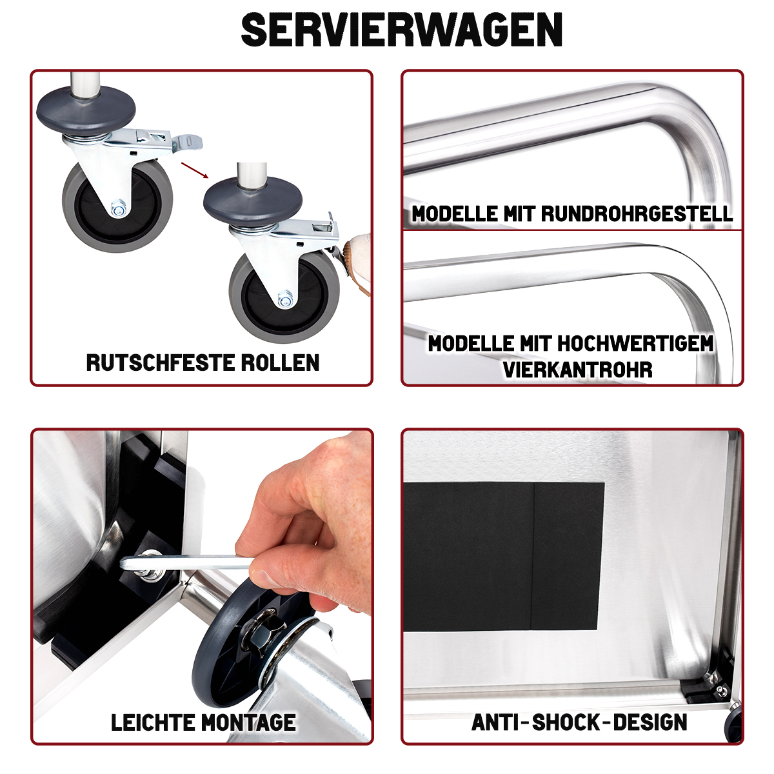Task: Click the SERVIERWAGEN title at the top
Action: (401, 30)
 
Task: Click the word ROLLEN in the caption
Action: (280, 362)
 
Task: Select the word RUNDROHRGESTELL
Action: (637, 213)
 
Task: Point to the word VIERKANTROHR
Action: (577, 369)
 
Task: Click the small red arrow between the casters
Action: (195, 170)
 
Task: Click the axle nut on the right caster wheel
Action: (285, 299)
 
